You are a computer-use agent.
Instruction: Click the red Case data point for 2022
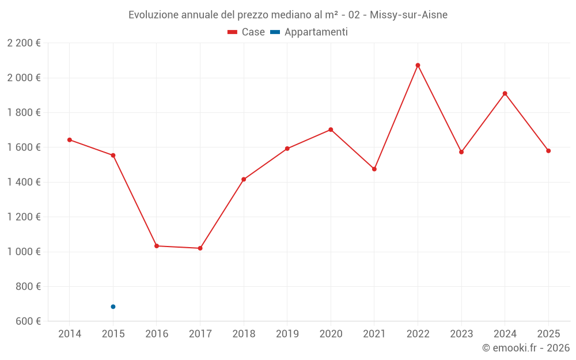[418, 65]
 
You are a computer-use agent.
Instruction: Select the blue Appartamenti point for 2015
[113, 306]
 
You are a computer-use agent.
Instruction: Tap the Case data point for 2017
[200, 248]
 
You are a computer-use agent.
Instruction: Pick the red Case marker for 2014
[70, 140]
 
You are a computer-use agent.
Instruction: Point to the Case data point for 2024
[505, 93]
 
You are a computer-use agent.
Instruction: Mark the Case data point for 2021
[374, 169]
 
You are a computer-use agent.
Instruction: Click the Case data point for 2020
[331, 130]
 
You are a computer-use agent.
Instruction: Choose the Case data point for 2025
[548, 151]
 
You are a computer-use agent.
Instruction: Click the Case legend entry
[246, 32]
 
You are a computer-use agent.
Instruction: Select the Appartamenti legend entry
[309, 32]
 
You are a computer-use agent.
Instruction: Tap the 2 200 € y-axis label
[24, 43]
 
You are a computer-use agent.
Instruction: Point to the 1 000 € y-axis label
[24, 252]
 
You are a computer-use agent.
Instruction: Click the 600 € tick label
[27, 321]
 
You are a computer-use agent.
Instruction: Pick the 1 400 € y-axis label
[24, 182]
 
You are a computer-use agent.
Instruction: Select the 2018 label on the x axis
[244, 334]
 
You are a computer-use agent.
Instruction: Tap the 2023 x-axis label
[461, 334]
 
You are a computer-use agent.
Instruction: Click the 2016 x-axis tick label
[157, 334]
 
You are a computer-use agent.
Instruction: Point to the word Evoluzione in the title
[153, 15]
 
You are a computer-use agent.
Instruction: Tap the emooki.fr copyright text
[526, 348]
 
